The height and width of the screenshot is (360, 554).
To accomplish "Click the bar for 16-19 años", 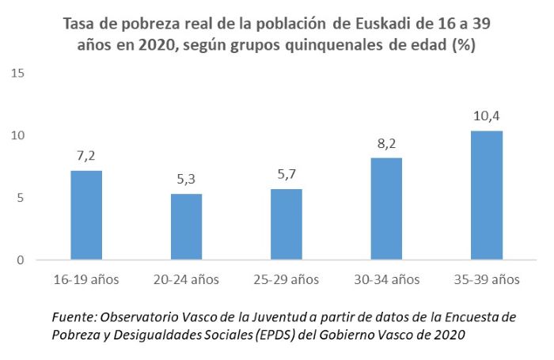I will tap(86, 215).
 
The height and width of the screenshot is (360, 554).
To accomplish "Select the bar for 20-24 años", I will tap(186, 227).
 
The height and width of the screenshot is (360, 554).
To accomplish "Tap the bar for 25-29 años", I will tap(286, 225).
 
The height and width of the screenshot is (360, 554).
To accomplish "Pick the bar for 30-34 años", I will tap(386, 209).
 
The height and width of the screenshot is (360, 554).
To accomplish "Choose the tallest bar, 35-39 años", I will tap(486, 195).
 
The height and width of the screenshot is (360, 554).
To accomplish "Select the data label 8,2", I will tap(386, 146).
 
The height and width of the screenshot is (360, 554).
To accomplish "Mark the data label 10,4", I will tap(486, 118).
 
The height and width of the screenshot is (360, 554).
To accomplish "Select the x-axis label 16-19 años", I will tap(86, 279).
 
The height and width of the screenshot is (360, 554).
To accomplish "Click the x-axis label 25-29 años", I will tap(286, 279).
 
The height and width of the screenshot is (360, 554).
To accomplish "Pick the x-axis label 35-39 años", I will tap(486, 279).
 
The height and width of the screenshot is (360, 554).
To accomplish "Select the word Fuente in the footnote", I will tap(74, 316).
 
